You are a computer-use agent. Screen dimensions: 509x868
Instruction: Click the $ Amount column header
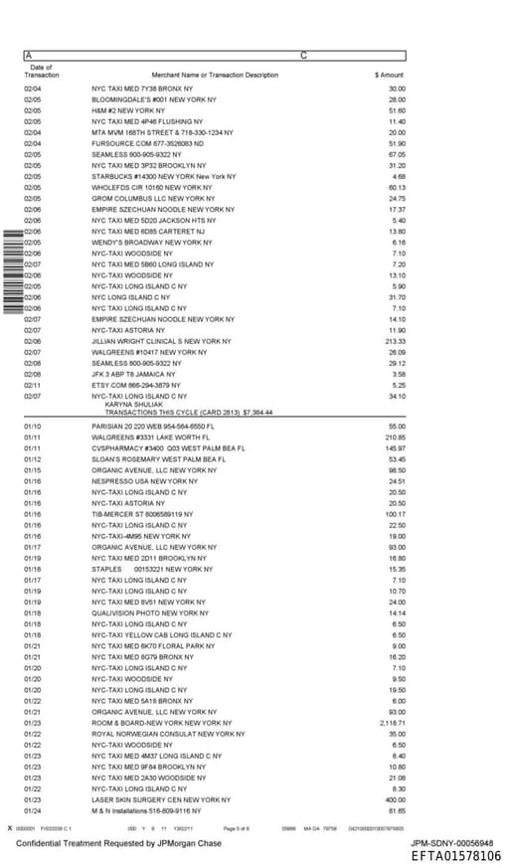[389, 75]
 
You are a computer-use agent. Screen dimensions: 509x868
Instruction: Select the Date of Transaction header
[41, 71]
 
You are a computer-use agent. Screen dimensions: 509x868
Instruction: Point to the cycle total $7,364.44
[257, 412]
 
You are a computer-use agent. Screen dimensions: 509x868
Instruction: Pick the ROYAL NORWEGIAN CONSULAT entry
[168, 734]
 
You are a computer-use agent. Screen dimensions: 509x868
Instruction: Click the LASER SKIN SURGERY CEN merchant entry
[161, 799]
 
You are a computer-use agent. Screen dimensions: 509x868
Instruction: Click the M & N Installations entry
[142, 810]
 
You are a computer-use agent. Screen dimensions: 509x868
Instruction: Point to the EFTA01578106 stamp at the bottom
[456, 856]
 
